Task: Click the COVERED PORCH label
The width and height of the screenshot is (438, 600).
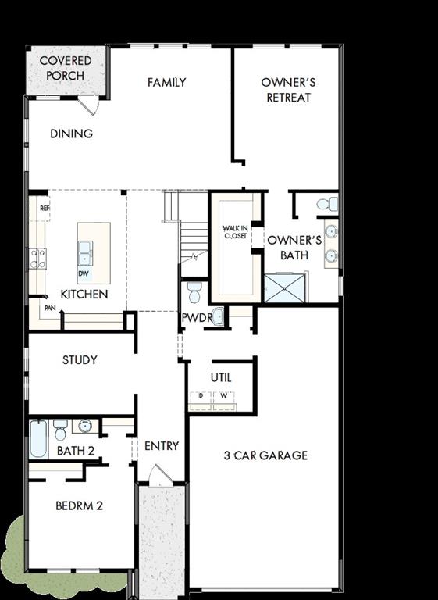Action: coord(66,68)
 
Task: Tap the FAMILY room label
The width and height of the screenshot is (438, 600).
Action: coord(166,82)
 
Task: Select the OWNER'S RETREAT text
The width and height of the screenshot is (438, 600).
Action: coord(287,90)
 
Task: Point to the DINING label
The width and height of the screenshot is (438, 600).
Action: coord(72,134)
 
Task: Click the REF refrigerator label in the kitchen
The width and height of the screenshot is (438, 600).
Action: coord(45,209)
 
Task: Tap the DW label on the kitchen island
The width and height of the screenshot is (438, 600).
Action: coord(83,274)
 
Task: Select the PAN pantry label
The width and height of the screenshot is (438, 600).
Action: coord(49,308)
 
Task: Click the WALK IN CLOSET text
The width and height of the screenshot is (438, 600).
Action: coord(235,231)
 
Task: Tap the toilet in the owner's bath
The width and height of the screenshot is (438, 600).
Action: coord(328,205)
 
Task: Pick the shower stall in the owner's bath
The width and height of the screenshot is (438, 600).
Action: coord(286,287)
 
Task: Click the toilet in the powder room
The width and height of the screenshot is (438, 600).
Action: coord(195,293)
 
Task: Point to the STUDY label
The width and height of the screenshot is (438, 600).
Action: coord(80,360)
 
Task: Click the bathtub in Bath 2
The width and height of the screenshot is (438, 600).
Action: coord(39,438)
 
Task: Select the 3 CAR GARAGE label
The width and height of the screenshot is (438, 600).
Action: coord(265,455)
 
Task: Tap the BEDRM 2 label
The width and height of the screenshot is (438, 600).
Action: coord(79,505)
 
